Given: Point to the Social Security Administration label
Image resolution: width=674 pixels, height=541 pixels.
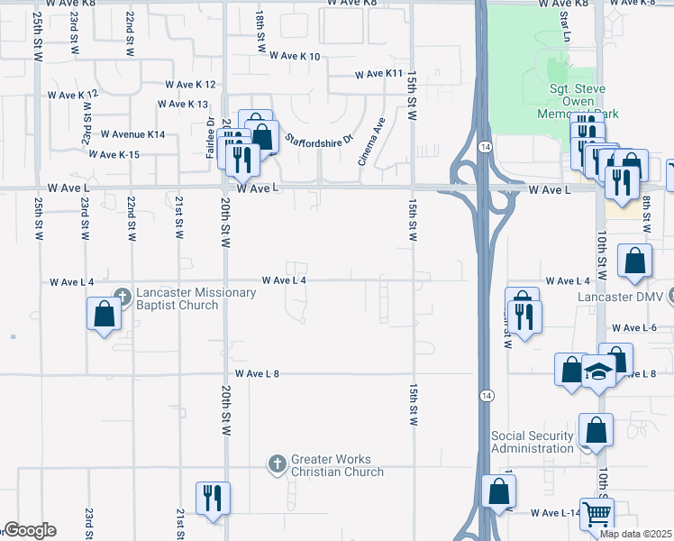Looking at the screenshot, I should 532,442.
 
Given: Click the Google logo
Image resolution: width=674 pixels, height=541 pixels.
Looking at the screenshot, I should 29,531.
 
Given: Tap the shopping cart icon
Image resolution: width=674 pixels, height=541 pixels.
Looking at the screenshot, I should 597,514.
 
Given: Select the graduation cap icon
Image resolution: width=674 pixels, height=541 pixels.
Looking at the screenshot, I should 597,371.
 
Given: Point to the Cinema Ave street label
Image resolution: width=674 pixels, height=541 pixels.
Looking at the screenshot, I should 371,141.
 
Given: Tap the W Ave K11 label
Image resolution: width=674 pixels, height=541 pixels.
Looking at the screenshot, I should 378,74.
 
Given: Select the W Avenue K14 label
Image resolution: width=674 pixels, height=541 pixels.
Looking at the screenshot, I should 133,134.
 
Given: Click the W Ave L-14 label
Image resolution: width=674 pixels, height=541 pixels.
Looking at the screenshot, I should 555,513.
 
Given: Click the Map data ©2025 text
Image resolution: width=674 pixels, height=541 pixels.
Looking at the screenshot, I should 636,534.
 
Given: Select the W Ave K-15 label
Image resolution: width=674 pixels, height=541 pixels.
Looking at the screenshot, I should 114,155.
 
